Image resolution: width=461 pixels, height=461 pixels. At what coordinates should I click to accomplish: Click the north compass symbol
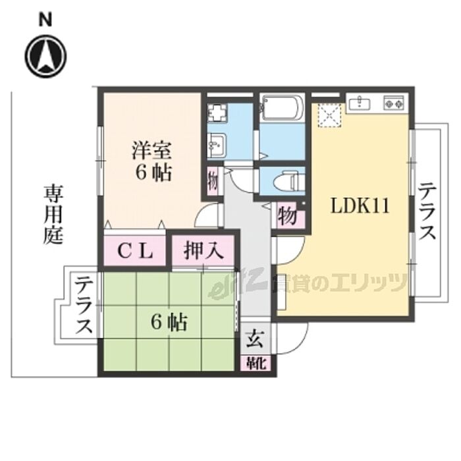pos(45,55)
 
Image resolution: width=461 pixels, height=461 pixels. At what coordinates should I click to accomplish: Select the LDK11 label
pos(360,206)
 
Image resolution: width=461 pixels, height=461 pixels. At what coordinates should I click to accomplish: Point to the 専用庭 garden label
pos(54,215)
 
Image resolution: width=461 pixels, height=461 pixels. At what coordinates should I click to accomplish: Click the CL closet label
pos(136,250)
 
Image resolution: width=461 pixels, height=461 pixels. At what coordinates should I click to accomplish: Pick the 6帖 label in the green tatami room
pos(169,323)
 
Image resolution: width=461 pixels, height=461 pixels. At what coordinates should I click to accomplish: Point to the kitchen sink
pos(360,103)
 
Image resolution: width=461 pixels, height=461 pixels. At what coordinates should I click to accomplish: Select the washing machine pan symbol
pos(217,111)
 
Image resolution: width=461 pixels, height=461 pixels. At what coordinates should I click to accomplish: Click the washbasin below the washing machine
pos(216,144)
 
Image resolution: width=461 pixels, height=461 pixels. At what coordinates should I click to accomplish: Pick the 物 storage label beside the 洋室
pos(212,180)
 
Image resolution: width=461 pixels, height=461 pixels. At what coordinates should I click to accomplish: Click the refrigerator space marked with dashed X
pos(327,116)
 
